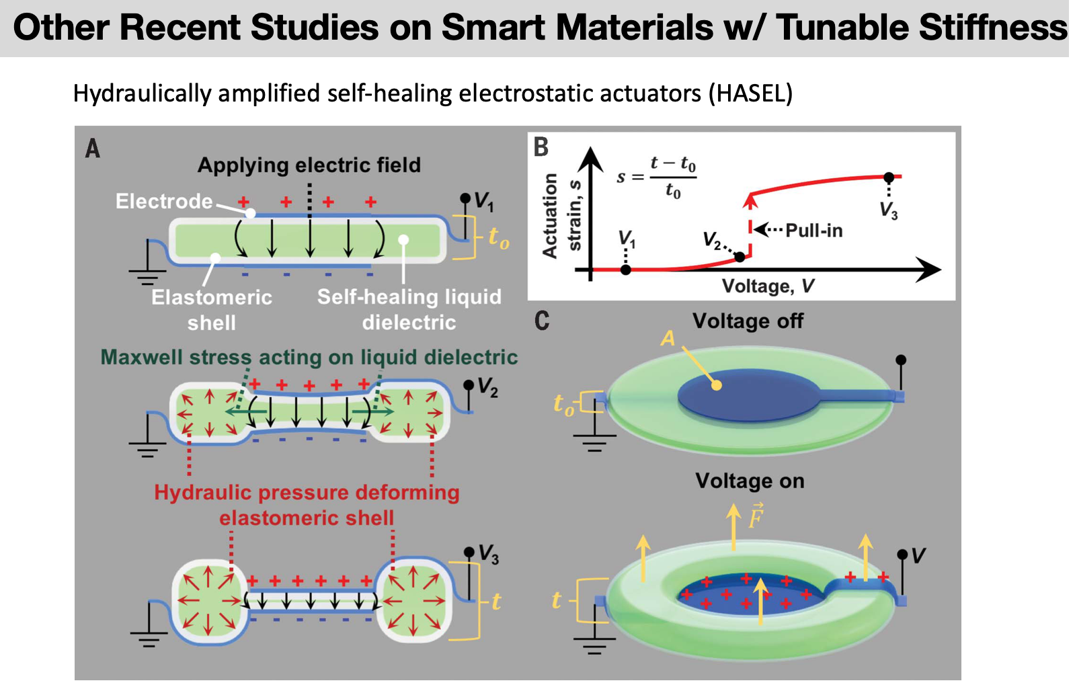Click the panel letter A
point(93,148)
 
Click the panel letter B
point(541,147)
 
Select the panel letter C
point(542,320)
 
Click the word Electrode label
point(164,201)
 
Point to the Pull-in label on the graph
point(813,231)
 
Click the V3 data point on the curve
point(889,177)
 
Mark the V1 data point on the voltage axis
point(626,270)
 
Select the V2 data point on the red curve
point(740,256)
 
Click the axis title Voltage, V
point(768,286)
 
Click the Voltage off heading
point(748,321)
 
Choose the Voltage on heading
point(750,481)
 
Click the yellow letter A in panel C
point(668,337)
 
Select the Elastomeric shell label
point(212,309)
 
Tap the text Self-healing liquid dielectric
point(409,309)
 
